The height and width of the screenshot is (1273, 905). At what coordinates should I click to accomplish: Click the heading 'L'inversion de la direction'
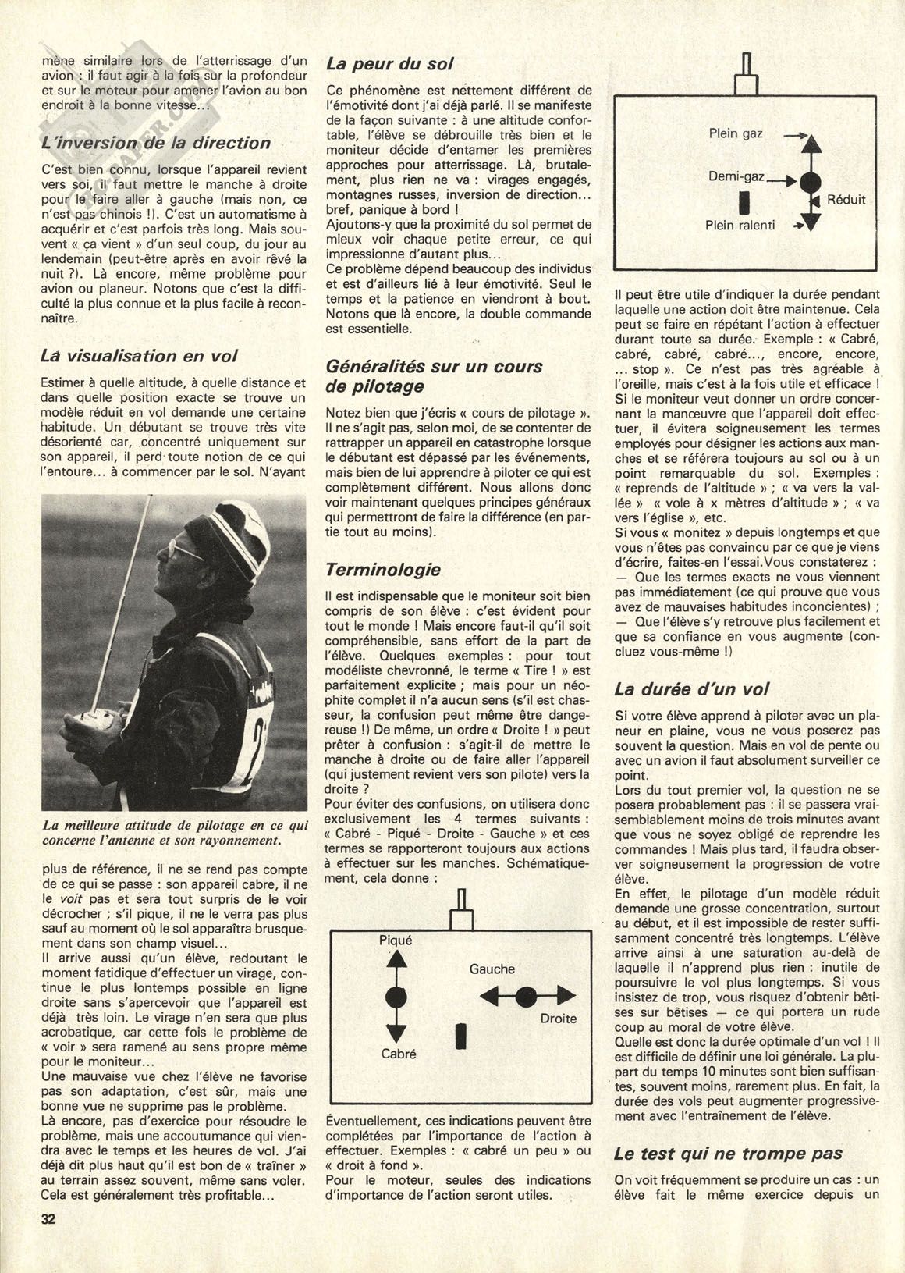pyautogui.click(x=156, y=143)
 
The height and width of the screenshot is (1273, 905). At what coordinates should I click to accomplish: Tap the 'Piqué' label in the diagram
pyautogui.click(x=396, y=941)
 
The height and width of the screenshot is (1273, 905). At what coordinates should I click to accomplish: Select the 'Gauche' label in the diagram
pyautogui.click(x=492, y=969)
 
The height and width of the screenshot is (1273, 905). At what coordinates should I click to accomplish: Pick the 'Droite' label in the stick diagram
pyautogui.click(x=559, y=1018)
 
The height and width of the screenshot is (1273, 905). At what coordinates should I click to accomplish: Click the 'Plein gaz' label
pyautogui.click(x=736, y=133)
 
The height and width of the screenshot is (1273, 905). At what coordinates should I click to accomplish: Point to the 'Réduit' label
pyautogui.click(x=847, y=200)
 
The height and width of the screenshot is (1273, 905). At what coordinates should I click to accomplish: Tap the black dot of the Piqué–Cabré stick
pyautogui.click(x=396, y=997)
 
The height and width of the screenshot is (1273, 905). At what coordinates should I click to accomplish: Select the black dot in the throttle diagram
pyautogui.click(x=811, y=182)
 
